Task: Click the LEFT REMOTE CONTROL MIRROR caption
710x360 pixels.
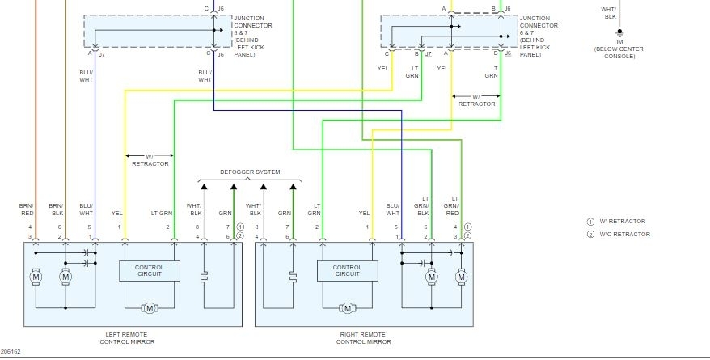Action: [x=127, y=338]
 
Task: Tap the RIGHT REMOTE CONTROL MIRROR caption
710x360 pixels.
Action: [x=363, y=338]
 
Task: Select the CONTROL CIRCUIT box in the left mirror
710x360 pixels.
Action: [x=150, y=271]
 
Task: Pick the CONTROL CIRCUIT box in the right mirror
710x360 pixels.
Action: [x=347, y=271]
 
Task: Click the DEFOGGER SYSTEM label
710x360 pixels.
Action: [x=250, y=172]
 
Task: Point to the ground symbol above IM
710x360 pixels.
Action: [x=619, y=33]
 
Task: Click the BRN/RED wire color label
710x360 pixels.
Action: [x=26, y=210]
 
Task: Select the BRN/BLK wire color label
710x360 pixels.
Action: [x=56, y=210]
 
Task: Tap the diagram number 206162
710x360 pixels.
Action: [x=11, y=351]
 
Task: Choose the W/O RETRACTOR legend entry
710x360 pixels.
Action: [x=619, y=234]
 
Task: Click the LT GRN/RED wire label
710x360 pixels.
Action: [x=452, y=206]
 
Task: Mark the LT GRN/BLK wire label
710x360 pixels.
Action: [x=422, y=206]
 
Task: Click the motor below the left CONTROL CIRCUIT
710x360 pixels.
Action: [x=150, y=308]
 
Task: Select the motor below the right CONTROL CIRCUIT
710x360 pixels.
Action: [x=347, y=308]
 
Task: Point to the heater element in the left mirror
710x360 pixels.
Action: [x=204, y=277]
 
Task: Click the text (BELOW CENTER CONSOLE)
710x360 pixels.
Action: [x=619, y=53]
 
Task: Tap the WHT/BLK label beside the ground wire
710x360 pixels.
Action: [x=610, y=13]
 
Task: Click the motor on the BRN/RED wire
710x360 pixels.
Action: [x=36, y=277]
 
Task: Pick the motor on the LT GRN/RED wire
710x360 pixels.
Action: [x=462, y=277]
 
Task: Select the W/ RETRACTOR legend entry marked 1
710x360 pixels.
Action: [x=616, y=222]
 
